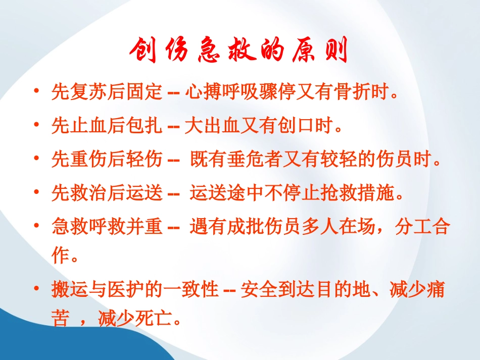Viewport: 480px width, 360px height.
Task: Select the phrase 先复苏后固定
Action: pos(107,93)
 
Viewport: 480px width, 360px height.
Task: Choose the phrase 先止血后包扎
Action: pos(107,126)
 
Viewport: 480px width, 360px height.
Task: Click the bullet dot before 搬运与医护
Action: pos(36,289)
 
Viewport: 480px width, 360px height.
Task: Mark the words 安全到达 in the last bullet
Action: pos(273,290)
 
